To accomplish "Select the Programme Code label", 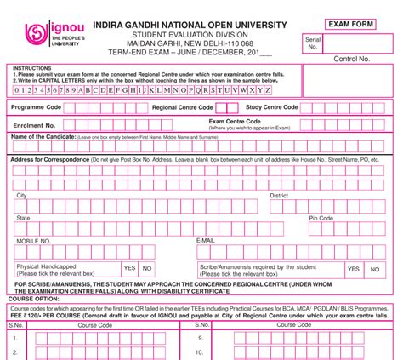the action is [37, 108].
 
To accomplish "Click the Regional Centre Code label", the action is [182, 108].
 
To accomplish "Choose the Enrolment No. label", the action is [33, 124].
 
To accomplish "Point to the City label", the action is [21, 196].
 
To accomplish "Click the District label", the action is [280, 196].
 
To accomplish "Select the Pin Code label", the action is [321, 219].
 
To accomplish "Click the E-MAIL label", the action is [205, 241].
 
